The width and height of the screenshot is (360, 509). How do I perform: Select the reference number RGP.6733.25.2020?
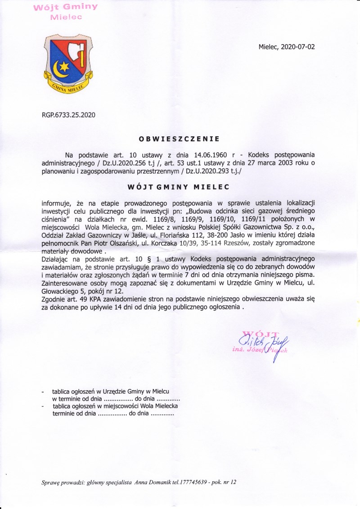pos(68,115)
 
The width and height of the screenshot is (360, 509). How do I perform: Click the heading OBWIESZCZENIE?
pos(179,139)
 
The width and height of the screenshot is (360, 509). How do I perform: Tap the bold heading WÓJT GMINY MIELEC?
pos(179,186)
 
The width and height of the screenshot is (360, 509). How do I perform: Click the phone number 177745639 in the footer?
pos(193,482)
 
